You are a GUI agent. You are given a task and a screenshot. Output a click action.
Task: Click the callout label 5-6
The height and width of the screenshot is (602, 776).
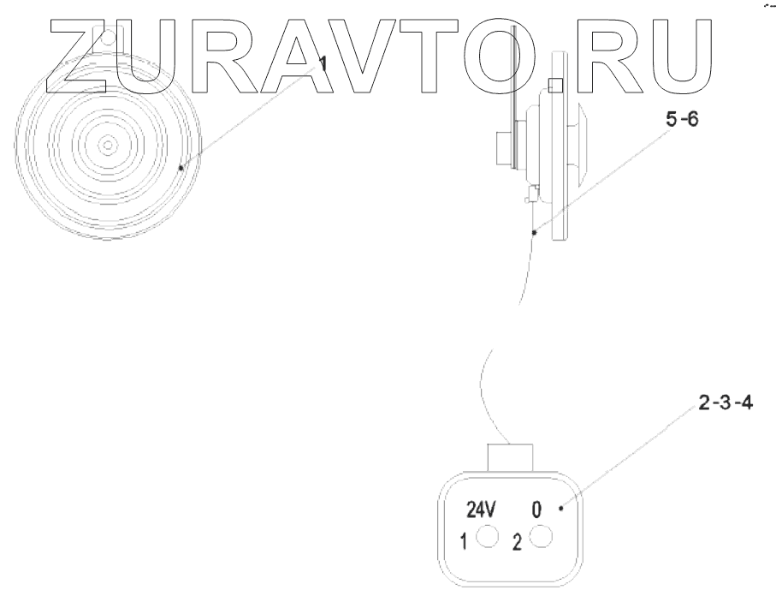pyautogui.click(x=681, y=122)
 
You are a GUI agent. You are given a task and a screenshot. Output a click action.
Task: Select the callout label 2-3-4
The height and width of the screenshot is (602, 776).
pyautogui.click(x=725, y=403)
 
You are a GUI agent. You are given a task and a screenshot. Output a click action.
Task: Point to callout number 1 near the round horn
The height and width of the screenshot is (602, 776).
pyautogui.click(x=323, y=63)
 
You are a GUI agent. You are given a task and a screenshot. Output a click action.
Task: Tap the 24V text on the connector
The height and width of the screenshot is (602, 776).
pyautogui.click(x=480, y=511)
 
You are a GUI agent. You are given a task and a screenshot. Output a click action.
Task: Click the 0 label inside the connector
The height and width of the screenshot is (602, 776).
pyautogui.click(x=536, y=511)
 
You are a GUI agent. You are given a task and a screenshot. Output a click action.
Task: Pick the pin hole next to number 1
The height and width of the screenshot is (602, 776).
pyautogui.click(x=487, y=538)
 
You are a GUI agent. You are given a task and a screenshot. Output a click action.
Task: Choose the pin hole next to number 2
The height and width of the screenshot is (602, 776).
pyautogui.click(x=541, y=538)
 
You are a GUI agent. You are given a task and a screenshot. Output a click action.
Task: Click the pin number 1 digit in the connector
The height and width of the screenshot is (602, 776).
pyautogui.click(x=462, y=541)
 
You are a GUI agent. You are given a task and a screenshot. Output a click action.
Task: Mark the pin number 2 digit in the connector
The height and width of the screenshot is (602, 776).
pyautogui.click(x=516, y=542)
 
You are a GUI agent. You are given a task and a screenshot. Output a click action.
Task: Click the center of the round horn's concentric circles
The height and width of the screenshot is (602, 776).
pyautogui.click(x=107, y=146)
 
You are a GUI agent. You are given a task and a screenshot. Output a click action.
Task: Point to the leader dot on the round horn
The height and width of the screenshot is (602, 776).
pyautogui.click(x=181, y=168)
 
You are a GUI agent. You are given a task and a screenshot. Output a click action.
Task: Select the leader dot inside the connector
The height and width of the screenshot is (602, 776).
pyautogui.click(x=561, y=509)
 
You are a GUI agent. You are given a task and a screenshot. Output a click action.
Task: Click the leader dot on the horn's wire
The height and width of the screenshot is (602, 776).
pyautogui.click(x=534, y=230)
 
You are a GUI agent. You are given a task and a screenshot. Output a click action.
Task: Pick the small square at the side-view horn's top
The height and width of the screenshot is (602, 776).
pyautogui.click(x=555, y=86)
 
